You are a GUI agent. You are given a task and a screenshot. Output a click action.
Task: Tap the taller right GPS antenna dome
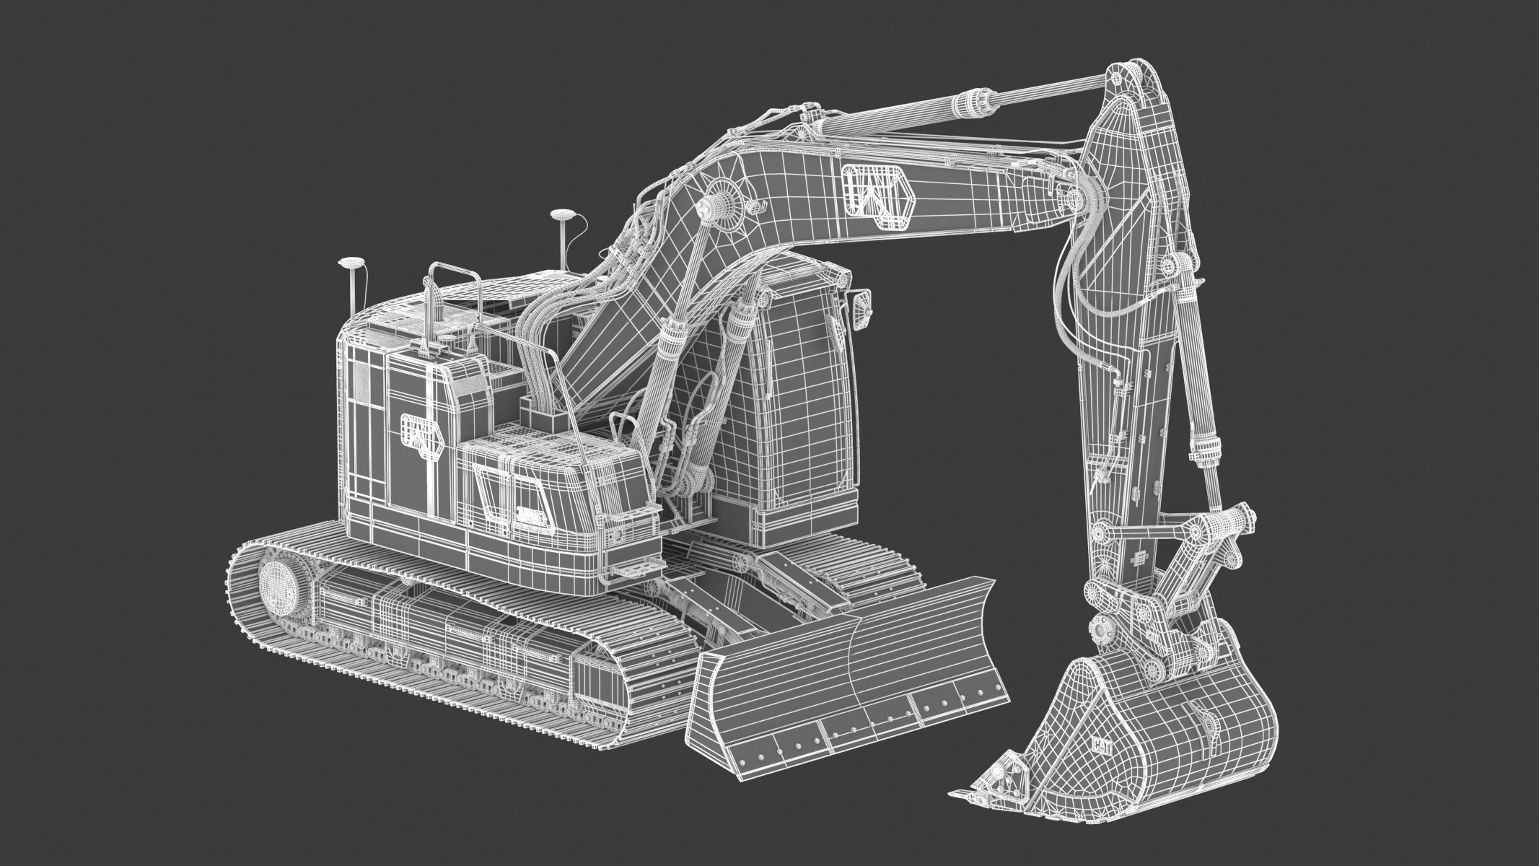pyautogui.click(x=561, y=214)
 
